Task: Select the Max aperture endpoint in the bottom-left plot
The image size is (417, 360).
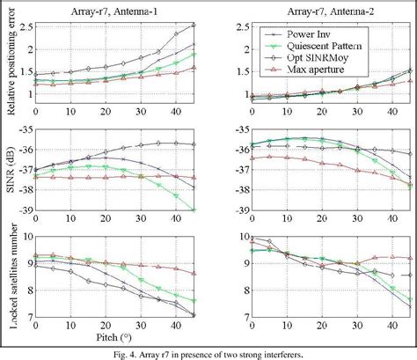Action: (193, 273)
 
